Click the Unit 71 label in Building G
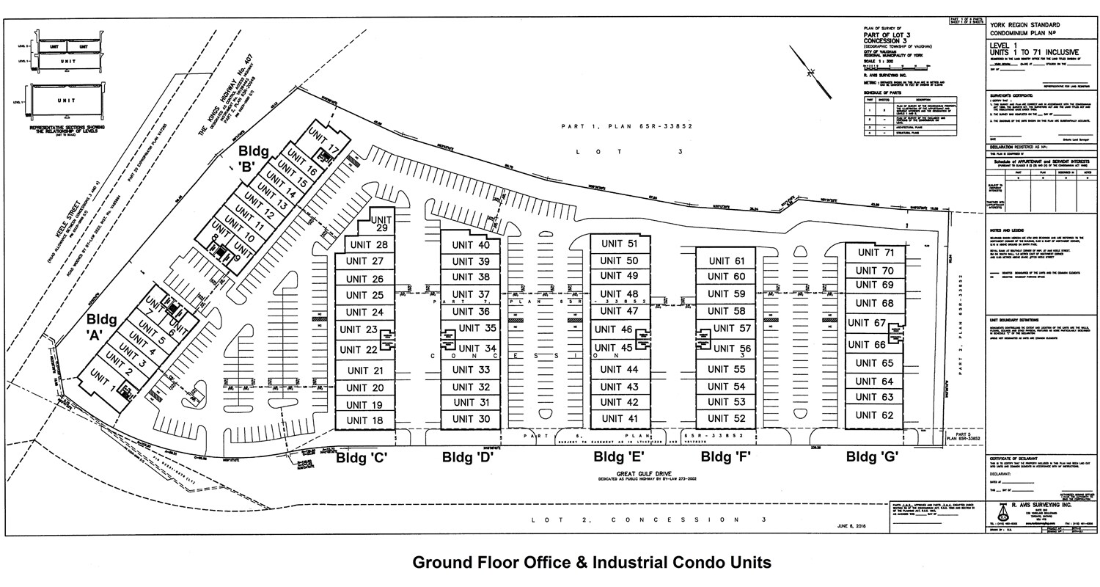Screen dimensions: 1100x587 coord(876,253)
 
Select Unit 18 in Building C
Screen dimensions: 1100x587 coord(364,421)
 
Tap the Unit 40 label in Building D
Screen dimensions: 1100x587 coord(471,245)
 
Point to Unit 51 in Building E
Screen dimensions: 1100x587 coord(620,244)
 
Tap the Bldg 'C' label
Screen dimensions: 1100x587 coord(362,458)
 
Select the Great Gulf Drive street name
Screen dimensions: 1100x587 coord(640,474)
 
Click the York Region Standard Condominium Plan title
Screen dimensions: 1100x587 coord(1026,30)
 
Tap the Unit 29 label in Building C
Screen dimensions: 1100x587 coord(381,224)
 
